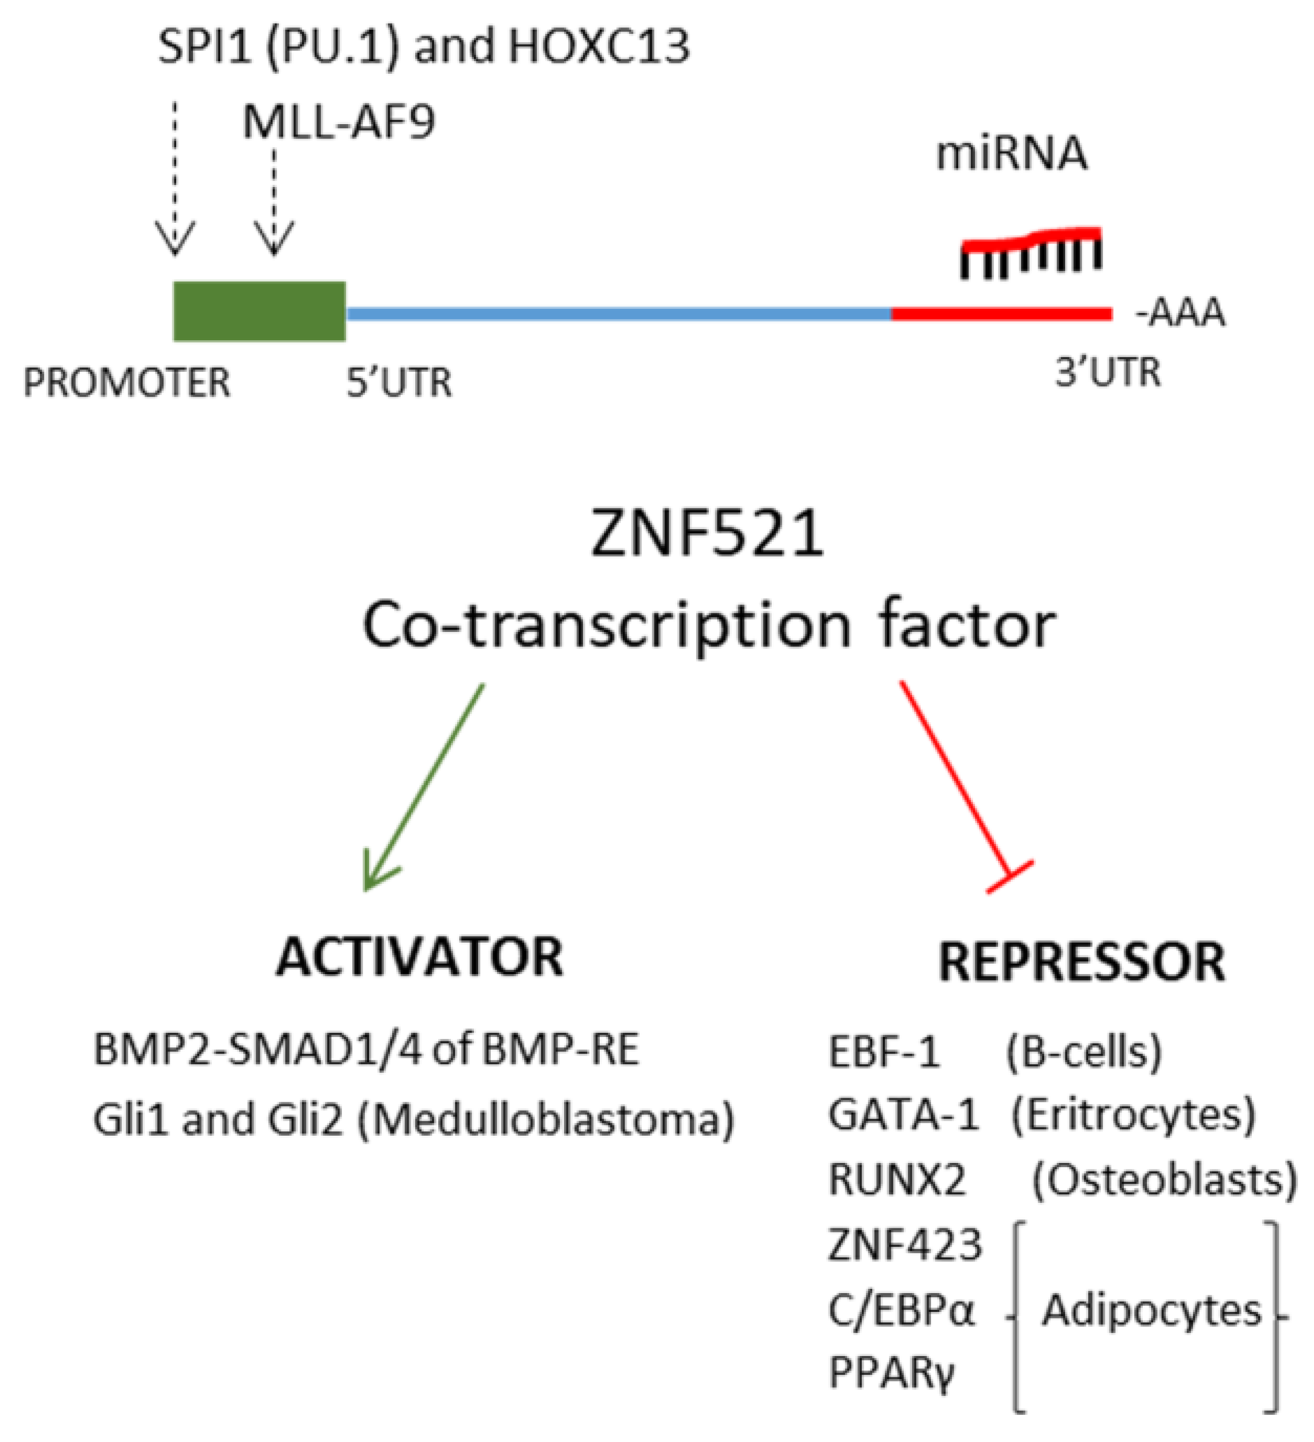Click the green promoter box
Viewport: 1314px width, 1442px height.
click(x=259, y=311)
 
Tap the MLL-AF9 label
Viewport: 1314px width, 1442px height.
click(x=338, y=122)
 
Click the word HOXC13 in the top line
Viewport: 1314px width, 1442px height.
click(x=599, y=46)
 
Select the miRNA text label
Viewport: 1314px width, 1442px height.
click(x=1011, y=153)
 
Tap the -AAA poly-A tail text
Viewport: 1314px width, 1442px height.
click(x=1180, y=314)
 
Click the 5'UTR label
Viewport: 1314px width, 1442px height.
click(x=399, y=383)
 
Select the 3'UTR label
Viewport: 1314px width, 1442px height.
click(x=1107, y=373)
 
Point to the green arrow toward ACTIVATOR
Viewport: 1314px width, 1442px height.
click(x=424, y=787)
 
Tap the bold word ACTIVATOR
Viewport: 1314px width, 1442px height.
click(x=420, y=957)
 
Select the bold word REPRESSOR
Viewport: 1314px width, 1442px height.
click(x=1082, y=962)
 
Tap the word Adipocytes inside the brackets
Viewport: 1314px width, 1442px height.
click(x=1151, y=1311)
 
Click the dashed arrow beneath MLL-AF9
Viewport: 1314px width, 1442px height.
click(x=275, y=200)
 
